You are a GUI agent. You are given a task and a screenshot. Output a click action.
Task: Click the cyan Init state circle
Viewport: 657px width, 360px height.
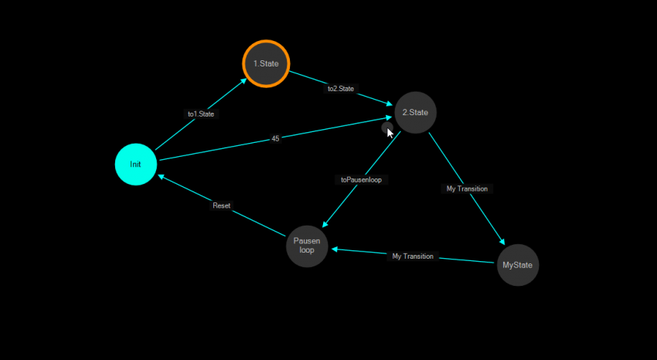coord(136,165)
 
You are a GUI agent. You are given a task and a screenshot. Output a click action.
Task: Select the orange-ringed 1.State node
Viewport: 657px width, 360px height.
coord(266,63)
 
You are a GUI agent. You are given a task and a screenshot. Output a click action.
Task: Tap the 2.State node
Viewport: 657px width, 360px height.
coord(416,113)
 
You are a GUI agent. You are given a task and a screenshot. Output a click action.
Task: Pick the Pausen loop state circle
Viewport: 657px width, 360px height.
coord(307,246)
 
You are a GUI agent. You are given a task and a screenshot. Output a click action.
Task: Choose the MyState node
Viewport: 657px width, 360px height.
coord(518,265)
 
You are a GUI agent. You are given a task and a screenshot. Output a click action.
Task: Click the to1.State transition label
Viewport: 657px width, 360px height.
coord(201,114)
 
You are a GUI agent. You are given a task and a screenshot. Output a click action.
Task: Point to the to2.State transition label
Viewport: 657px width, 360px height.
coord(341,89)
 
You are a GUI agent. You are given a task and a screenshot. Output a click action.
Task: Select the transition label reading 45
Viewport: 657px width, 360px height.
coord(275,139)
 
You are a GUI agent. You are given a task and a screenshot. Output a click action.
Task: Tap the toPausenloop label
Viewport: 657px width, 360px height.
coord(362,179)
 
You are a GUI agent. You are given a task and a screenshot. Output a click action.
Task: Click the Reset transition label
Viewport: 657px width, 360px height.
coord(222,205)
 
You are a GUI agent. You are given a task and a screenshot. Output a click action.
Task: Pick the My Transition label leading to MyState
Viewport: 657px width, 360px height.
coord(468,188)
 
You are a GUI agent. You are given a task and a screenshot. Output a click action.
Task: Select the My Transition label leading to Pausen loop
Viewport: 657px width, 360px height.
coord(413,256)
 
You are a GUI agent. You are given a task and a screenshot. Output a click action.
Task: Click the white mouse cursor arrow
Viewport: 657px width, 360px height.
coord(390,133)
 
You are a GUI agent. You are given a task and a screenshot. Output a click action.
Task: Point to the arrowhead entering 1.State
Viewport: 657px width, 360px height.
coord(243,80)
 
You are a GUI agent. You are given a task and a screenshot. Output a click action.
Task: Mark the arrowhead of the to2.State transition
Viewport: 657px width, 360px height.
coord(390,103)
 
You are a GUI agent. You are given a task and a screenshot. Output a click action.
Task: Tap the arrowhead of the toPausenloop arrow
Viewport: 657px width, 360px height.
coord(325,224)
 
